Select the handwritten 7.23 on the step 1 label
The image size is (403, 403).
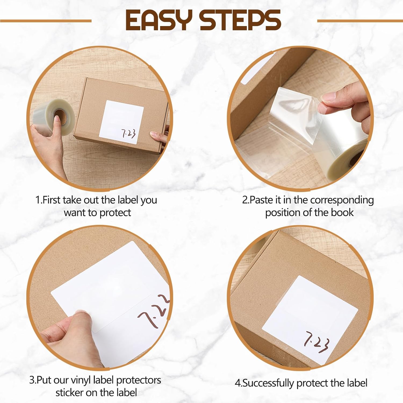click(129, 134)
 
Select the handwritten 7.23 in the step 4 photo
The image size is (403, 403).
click(316, 342)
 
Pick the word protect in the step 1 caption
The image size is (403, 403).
click(115, 213)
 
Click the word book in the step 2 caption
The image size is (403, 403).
click(342, 213)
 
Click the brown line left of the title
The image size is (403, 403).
click(46, 21)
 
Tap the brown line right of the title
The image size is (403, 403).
click(360, 21)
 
